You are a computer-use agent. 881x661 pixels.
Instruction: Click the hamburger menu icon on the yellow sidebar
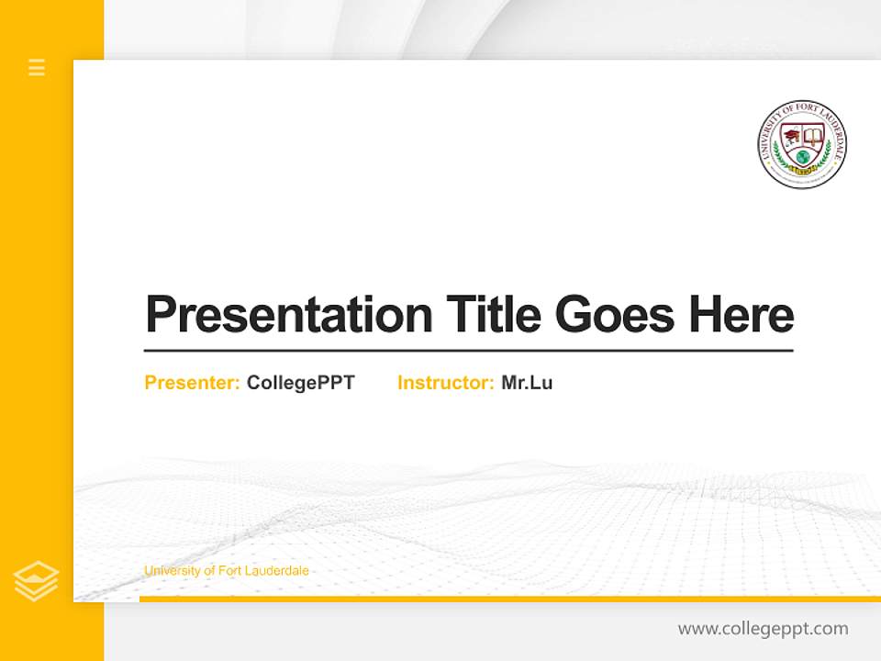(x=37, y=67)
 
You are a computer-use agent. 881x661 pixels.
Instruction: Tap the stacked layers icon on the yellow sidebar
(x=36, y=581)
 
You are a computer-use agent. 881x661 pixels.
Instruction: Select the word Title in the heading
(x=493, y=314)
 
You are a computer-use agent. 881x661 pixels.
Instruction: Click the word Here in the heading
(x=742, y=314)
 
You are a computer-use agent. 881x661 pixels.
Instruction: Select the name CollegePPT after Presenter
(x=301, y=383)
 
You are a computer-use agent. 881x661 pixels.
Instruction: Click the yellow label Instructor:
(x=446, y=383)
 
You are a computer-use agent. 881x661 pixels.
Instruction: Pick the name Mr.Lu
(x=527, y=383)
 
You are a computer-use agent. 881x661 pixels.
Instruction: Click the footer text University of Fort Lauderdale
(x=227, y=571)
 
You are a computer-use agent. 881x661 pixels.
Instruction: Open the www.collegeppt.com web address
(x=763, y=629)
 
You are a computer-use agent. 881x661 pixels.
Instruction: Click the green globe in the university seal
(x=803, y=158)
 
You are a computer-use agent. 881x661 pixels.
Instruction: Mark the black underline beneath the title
(x=468, y=350)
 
